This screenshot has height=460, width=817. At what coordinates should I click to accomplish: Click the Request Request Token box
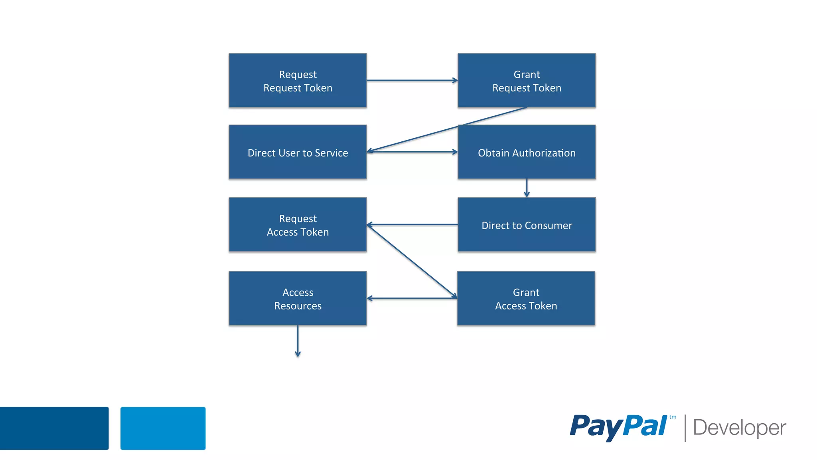[x=298, y=80]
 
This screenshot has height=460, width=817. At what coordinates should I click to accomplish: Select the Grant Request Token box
[x=527, y=80]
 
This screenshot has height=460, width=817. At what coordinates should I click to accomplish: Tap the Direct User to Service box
[x=298, y=152]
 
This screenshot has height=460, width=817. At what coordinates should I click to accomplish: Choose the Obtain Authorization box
[x=527, y=152]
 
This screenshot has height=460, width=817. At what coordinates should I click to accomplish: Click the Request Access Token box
[x=298, y=224]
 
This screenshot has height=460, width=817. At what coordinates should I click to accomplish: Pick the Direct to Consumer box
[x=527, y=224]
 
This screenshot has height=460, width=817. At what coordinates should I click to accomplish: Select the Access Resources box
[x=298, y=298]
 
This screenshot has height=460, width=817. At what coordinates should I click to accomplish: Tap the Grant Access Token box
[x=526, y=298]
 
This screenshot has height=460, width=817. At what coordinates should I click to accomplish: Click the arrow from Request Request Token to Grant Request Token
[x=412, y=80]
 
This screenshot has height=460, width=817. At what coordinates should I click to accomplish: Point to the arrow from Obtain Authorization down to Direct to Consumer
[x=527, y=188]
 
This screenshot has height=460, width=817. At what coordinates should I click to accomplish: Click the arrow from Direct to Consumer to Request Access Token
[x=412, y=224]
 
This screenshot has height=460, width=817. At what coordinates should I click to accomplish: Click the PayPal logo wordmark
[x=618, y=427]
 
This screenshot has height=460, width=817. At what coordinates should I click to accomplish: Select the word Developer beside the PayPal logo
[x=739, y=428]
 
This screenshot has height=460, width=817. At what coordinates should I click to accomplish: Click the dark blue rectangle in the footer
[x=54, y=428]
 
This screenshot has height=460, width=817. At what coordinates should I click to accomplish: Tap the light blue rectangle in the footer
[x=163, y=428]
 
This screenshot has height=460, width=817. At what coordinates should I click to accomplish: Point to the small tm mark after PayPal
[x=673, y=417]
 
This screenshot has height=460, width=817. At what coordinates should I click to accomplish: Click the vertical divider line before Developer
[x=685, y=428]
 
